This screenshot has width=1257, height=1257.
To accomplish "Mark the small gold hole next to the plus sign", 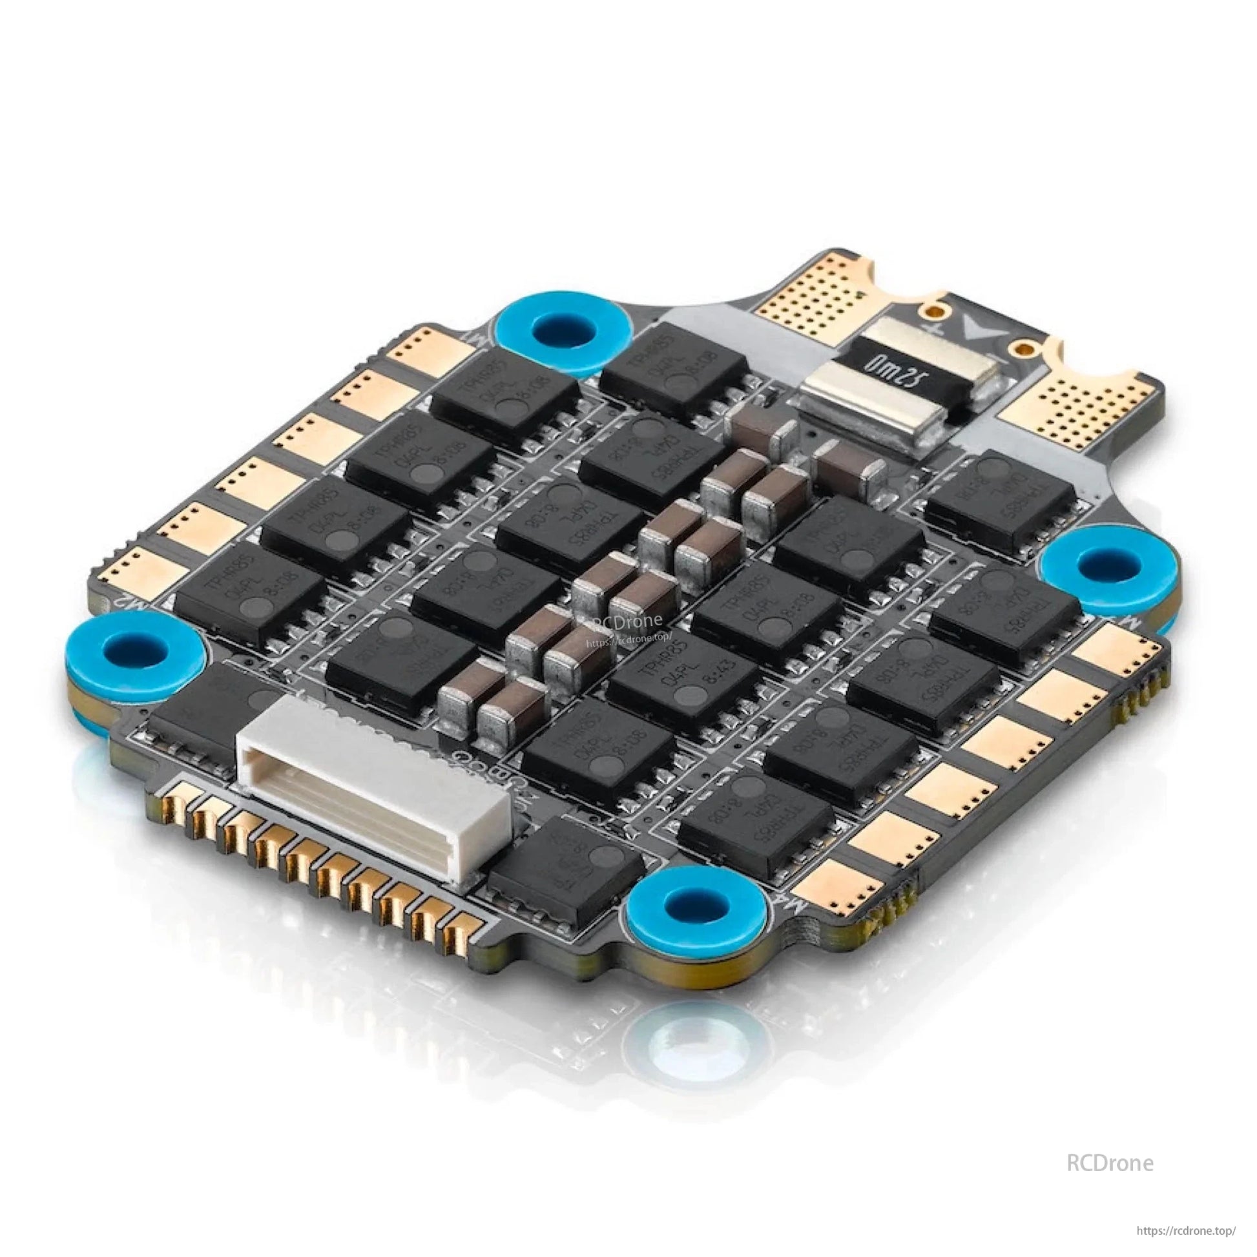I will tap(935, 313).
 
